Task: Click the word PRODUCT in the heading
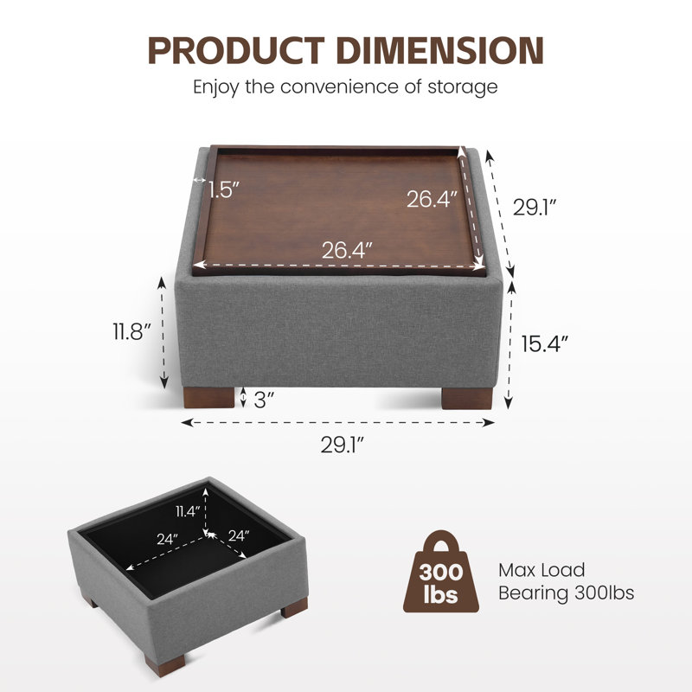(x=236, y=50)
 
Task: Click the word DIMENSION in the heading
(x=439, y=50)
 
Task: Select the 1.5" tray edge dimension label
(x=223, y=189)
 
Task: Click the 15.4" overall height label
(x=544, y=343)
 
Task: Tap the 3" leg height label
(x=264, y=400)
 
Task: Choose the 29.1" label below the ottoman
(x=343, y=445)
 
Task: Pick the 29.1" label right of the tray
(x=534, y=207)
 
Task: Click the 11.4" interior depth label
(x=188, y=511)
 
